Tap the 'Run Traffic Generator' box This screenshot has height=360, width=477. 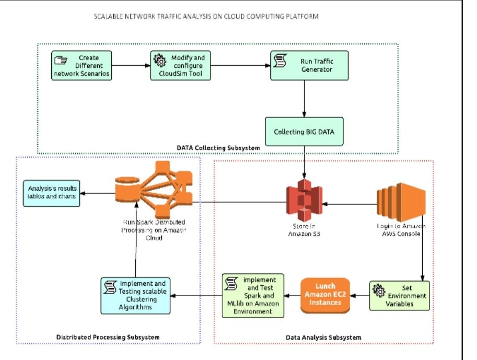click(309, 65)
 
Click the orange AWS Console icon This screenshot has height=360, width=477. click(402, 202)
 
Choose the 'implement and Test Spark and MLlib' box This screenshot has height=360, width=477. click(253, 295)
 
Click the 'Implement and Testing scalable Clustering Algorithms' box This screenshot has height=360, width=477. click(135, 296)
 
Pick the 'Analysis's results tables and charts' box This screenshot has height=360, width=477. click(51, 193)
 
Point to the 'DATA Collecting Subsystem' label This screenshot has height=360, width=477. click(217, 148)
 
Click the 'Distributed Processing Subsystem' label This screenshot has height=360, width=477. click(108, 337)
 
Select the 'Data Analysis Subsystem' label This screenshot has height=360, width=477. click(323, 338)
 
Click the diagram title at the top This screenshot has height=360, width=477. click(206, 17)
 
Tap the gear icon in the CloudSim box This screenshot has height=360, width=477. click(158, 59)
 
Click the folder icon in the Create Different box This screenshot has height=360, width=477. click(60, 59)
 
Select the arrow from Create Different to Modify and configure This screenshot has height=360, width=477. click(131, 65)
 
